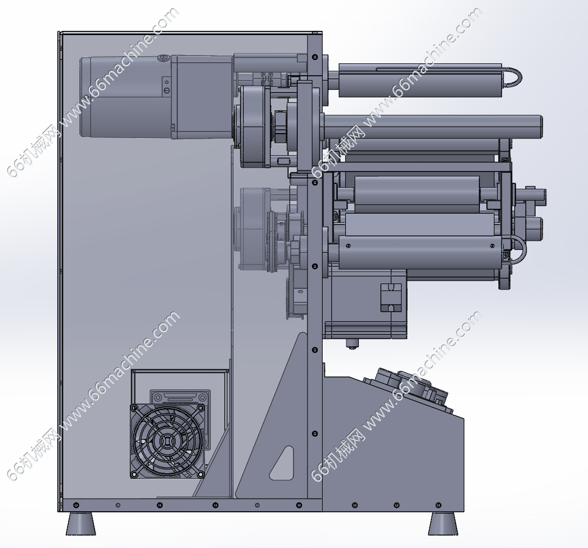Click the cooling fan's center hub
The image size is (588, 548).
click(x=167, y=441)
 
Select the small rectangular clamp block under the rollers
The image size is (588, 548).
click(x=391, y=298)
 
